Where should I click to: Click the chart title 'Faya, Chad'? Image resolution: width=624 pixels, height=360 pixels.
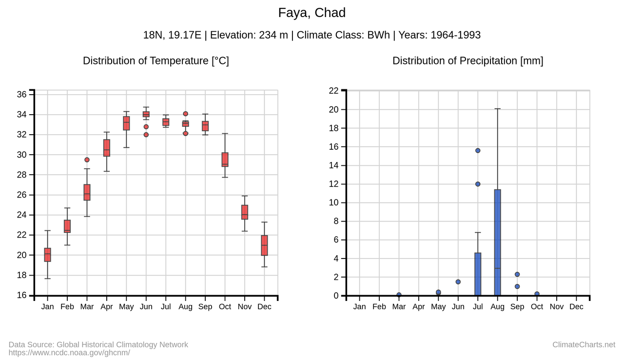[x=312, y=13]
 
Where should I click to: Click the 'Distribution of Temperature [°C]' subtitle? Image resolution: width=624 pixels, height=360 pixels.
[x=156, y=61]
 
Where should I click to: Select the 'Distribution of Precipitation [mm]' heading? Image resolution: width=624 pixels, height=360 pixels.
[x=468, y=61]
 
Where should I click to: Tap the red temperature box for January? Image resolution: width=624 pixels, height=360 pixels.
[x=47, y=255]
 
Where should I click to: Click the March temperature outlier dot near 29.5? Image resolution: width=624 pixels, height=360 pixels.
[x=87, y=160]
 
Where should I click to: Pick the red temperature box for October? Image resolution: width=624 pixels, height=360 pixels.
[x=225, y=160]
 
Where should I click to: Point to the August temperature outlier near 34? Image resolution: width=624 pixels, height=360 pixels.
[x=185, y=114]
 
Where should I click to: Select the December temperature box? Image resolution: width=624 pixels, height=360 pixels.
[x=264, y=245]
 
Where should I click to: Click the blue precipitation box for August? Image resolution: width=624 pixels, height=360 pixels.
[x=497, y=242]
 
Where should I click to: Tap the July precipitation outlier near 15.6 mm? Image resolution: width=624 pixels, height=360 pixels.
[x=478, y=150]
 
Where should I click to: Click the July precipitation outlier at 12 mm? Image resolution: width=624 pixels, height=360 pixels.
[x=478, y=184]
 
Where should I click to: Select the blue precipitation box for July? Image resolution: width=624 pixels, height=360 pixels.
[x=478, y=274]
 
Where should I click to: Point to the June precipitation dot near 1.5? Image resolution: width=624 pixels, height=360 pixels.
[x=458, y=281]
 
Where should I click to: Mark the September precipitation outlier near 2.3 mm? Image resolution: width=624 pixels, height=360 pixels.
[x=517, y=274]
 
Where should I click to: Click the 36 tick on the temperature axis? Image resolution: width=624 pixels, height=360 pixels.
[x=22, y=95]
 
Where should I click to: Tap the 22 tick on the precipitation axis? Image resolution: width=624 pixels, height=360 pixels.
[x=333, y=91]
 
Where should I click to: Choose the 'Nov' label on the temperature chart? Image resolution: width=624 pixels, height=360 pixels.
[x=244, y=307]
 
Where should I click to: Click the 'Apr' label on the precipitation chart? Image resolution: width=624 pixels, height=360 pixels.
[x=418, y=307]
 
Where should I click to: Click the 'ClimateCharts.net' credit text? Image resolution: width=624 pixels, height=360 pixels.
[x=584, y=345]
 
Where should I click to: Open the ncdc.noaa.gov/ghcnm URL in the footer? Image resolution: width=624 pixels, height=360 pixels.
[x=69, y=353]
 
